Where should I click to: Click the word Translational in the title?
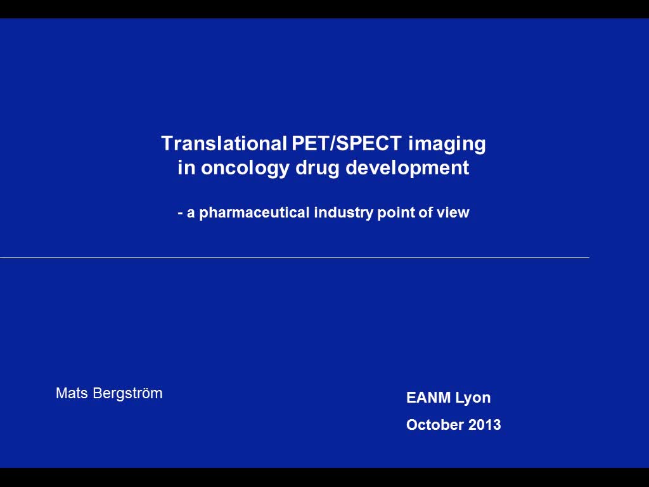pyautogui.click(x=225, y=143)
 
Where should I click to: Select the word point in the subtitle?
pyautogui.click(x=396, y=213)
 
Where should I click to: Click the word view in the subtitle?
pyautogui.click(x=453, y=212)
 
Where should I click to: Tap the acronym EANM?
pyautogui.click(x=428, y=398)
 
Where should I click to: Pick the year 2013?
pyautogui.click(x=485, y=425)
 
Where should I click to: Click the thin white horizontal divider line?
pyautogui.click(x=294, y=257)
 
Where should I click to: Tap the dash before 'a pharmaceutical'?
pyautogui.click(x=181, y=213)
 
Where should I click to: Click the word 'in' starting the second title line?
pyautogui.click(x=186, y=169)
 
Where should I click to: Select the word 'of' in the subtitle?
pyautogui.click(x=425, y=212)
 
